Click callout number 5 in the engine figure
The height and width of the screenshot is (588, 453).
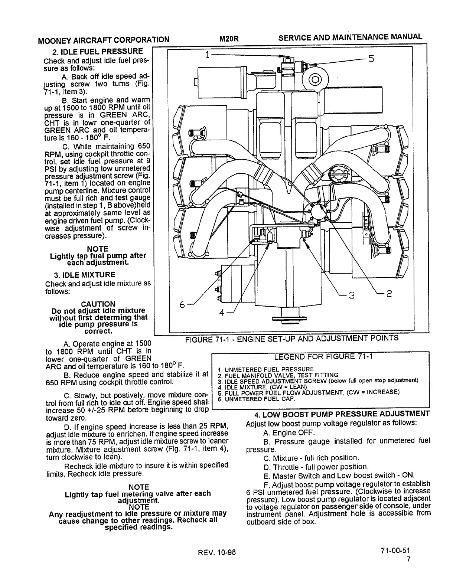371,59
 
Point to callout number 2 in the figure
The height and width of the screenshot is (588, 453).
387,294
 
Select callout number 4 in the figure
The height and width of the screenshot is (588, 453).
222,313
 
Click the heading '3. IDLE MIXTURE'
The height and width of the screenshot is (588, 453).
85,275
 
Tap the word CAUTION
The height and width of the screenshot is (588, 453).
98,304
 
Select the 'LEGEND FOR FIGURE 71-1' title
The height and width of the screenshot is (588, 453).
323,357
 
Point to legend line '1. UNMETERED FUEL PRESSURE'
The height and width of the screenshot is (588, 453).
266,369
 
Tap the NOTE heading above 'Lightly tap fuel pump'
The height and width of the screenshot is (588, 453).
98,249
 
